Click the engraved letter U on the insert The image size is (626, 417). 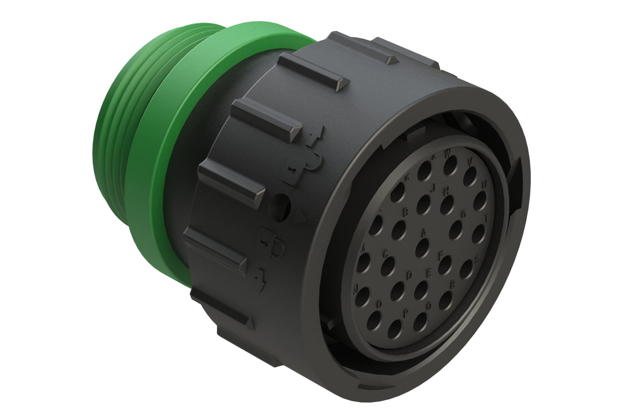(484, 184)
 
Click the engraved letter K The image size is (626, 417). (407, 178)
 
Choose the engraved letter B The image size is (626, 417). (406, 212)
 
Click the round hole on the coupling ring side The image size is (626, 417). (282, 203)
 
